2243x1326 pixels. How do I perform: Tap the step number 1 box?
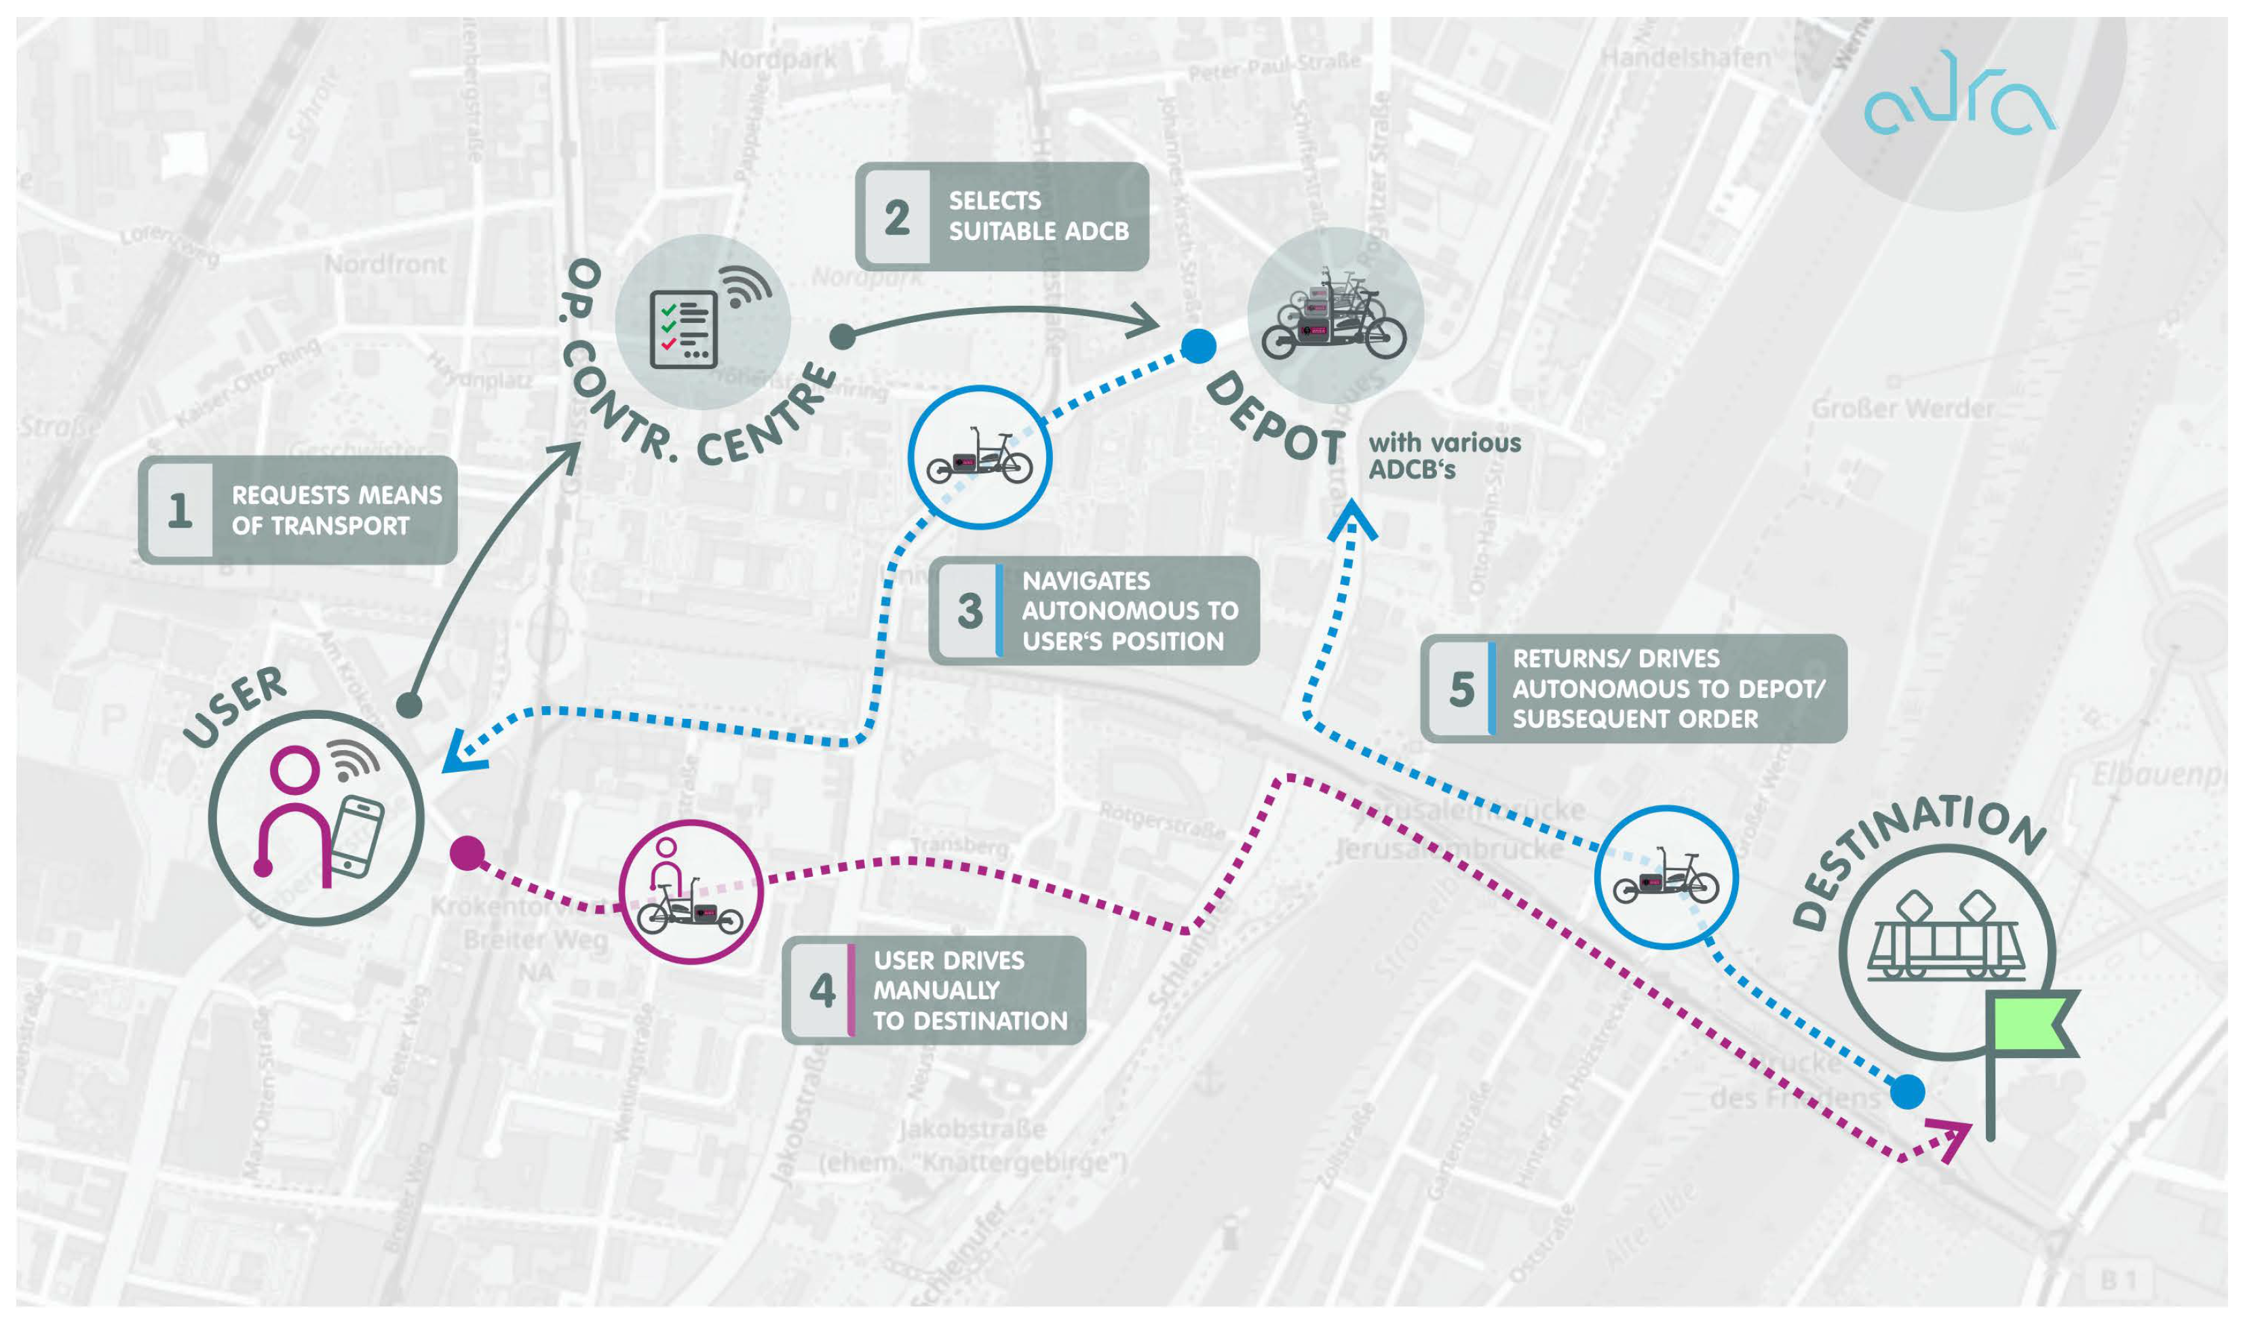tap(180, 510)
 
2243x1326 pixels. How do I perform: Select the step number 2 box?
tap(896, 217)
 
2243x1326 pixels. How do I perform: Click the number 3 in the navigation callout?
tap(969, 611)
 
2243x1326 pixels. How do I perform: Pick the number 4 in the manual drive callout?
tap(821, 990)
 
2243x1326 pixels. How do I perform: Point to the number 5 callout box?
tap(1461, 689)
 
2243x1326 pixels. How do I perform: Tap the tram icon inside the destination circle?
tap(1944, 944)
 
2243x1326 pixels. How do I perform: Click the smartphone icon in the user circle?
tap(358, 836)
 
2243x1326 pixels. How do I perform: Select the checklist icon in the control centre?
tap(684, 329)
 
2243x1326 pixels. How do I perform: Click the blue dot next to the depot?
tap(1198, 346)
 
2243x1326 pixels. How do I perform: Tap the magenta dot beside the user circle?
tap(467, 853)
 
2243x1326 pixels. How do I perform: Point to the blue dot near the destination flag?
tap(1907, 1092)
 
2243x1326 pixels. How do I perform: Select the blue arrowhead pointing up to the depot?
tap(1352, 522)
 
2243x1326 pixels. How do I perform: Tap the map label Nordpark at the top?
tap(778, 60)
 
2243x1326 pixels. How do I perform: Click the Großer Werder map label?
tap(1902, 409)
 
